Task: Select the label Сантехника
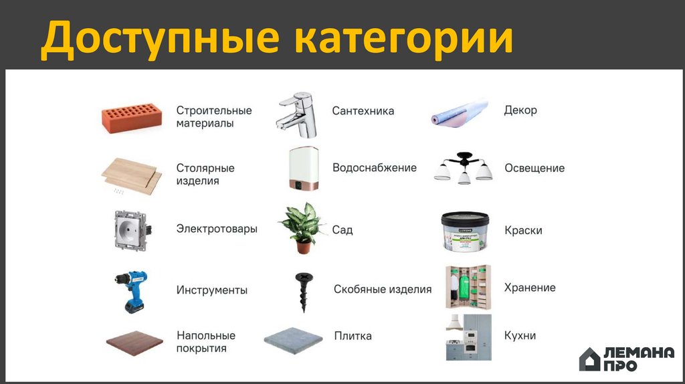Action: click(x=363, y=111)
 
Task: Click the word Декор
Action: click(x=520, y=110)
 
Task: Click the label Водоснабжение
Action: click(x=375, y=168)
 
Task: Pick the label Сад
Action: click(x=342, y=230)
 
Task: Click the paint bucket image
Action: click(x=465, y=231)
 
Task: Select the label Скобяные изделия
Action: click(x=383, y=290)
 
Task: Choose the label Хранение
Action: click(x=530, y=288)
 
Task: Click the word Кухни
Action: click(x=520, y=335)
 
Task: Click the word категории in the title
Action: click(x=403, y=39)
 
